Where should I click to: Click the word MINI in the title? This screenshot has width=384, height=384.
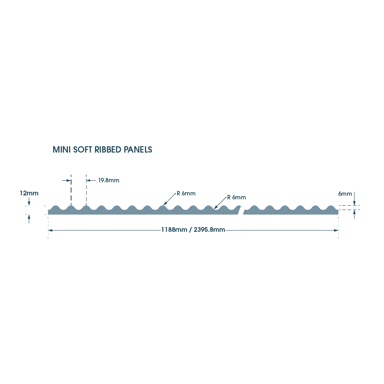tap(62, 150)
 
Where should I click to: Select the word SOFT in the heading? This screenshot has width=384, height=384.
tap(83, 150)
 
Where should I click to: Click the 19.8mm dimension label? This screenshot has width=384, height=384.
tap(108, 181)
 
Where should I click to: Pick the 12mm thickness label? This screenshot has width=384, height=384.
tap(29, 193)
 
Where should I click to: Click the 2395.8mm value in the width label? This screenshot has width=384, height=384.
tap(209, 230)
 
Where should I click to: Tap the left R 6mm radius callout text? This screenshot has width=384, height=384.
tap(186, 193)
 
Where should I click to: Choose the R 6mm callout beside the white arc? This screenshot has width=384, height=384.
tap(236, 197)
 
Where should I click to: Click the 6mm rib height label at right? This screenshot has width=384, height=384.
tap(345, 194)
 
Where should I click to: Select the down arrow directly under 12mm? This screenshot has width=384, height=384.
tap(29, 203)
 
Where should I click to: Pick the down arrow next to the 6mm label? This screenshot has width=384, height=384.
tap(354, 203)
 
